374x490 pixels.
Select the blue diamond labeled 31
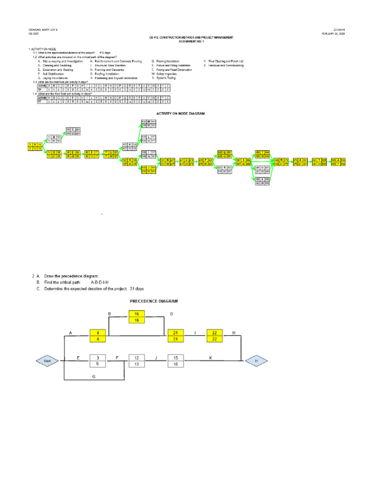point(256,361)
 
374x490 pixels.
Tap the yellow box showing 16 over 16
point(137,317)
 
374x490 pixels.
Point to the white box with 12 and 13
point(137,361)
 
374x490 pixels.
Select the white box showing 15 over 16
point(177,361)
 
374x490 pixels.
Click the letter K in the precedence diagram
point(210,358)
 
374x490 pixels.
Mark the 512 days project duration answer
point(105,52)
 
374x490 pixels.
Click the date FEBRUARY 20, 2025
point(334,34)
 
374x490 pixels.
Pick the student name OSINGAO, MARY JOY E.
point(43,30)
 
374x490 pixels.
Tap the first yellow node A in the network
point(35,147)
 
